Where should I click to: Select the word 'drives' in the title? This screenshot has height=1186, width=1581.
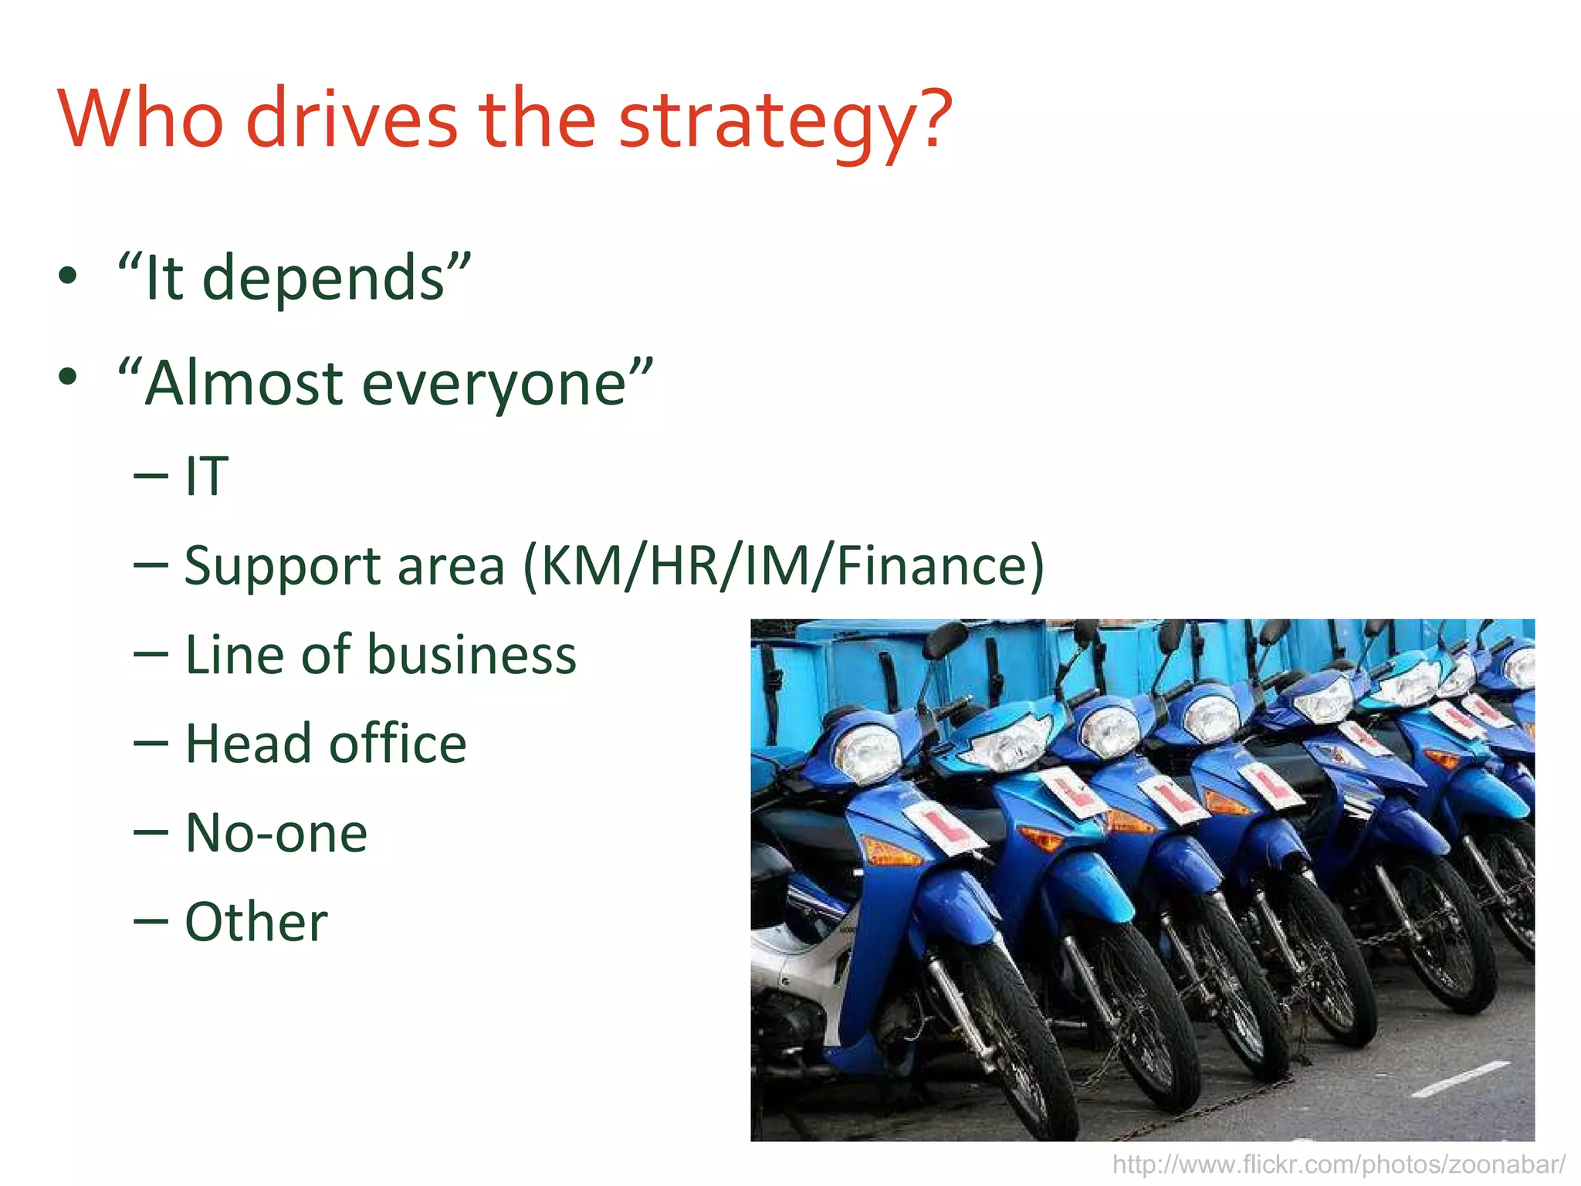coord(352,120)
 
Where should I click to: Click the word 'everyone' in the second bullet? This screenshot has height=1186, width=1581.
coord(494,385)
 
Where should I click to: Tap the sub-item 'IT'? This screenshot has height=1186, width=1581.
coord(207,476)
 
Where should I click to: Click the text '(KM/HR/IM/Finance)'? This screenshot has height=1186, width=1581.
coord(784,566)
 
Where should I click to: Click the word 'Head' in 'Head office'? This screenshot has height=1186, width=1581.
coord(247,744)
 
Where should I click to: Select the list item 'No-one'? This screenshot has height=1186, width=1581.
coord(276,833)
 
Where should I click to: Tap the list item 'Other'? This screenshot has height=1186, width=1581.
coord(256,922)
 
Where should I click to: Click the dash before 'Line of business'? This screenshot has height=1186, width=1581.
coord(151,655)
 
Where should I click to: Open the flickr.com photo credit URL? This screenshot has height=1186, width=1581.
coord(1339,1164)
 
